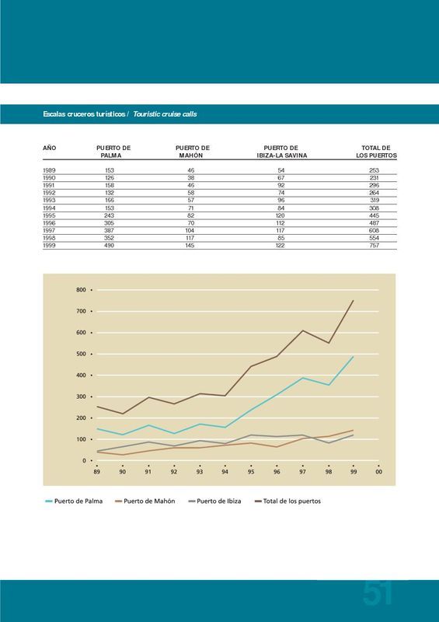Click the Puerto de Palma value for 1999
coord(110,246)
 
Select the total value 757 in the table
coord(374,246)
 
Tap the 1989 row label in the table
coord(49,170)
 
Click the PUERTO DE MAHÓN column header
coord(193,152)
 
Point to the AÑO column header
coord(50,148)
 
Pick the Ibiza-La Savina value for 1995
coord(280,215)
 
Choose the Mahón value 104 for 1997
coord(190,230)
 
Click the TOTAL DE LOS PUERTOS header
coord(376,152)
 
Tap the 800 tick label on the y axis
coord(81,290)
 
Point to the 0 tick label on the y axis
coord(84,460)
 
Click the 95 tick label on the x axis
coord(251,472)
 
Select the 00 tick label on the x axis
coord(378,472)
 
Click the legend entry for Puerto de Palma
coord(74,501)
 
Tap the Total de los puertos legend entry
coord(287,501)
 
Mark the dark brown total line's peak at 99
coord(353,300)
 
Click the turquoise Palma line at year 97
coord(302,378)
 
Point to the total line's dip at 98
coord(329,343)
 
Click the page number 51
coord(377,593)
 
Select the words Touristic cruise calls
coord(165,114)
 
